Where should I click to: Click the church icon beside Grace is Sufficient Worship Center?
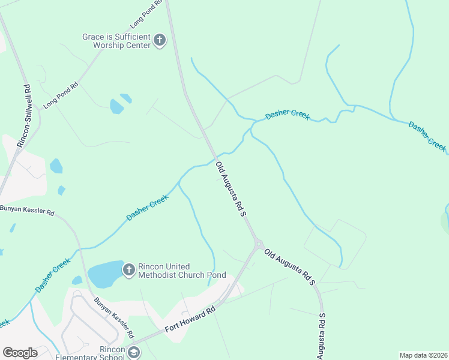(x=159, y=41)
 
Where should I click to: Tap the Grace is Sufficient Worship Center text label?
(x=116, y=41)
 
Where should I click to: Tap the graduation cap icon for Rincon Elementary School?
(x=133, y=353)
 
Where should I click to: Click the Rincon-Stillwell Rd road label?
(x=24, y=116)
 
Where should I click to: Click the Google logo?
(x=20, y=353)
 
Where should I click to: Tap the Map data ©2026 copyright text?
(x=423, y=355)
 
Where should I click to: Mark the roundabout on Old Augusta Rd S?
(x=258, y=244)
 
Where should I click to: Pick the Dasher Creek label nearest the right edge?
(x=428, y=136)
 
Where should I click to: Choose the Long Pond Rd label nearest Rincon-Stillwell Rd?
(x=61, y=95)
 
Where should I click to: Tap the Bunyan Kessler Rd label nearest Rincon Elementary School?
(x=113, y=317)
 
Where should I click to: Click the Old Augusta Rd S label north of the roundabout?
(x=232, y=189)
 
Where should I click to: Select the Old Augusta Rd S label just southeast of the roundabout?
(x=291, y=268)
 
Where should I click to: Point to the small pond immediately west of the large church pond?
(x=77, y=280)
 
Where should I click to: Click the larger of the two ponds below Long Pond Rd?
(x=116, y=107)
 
